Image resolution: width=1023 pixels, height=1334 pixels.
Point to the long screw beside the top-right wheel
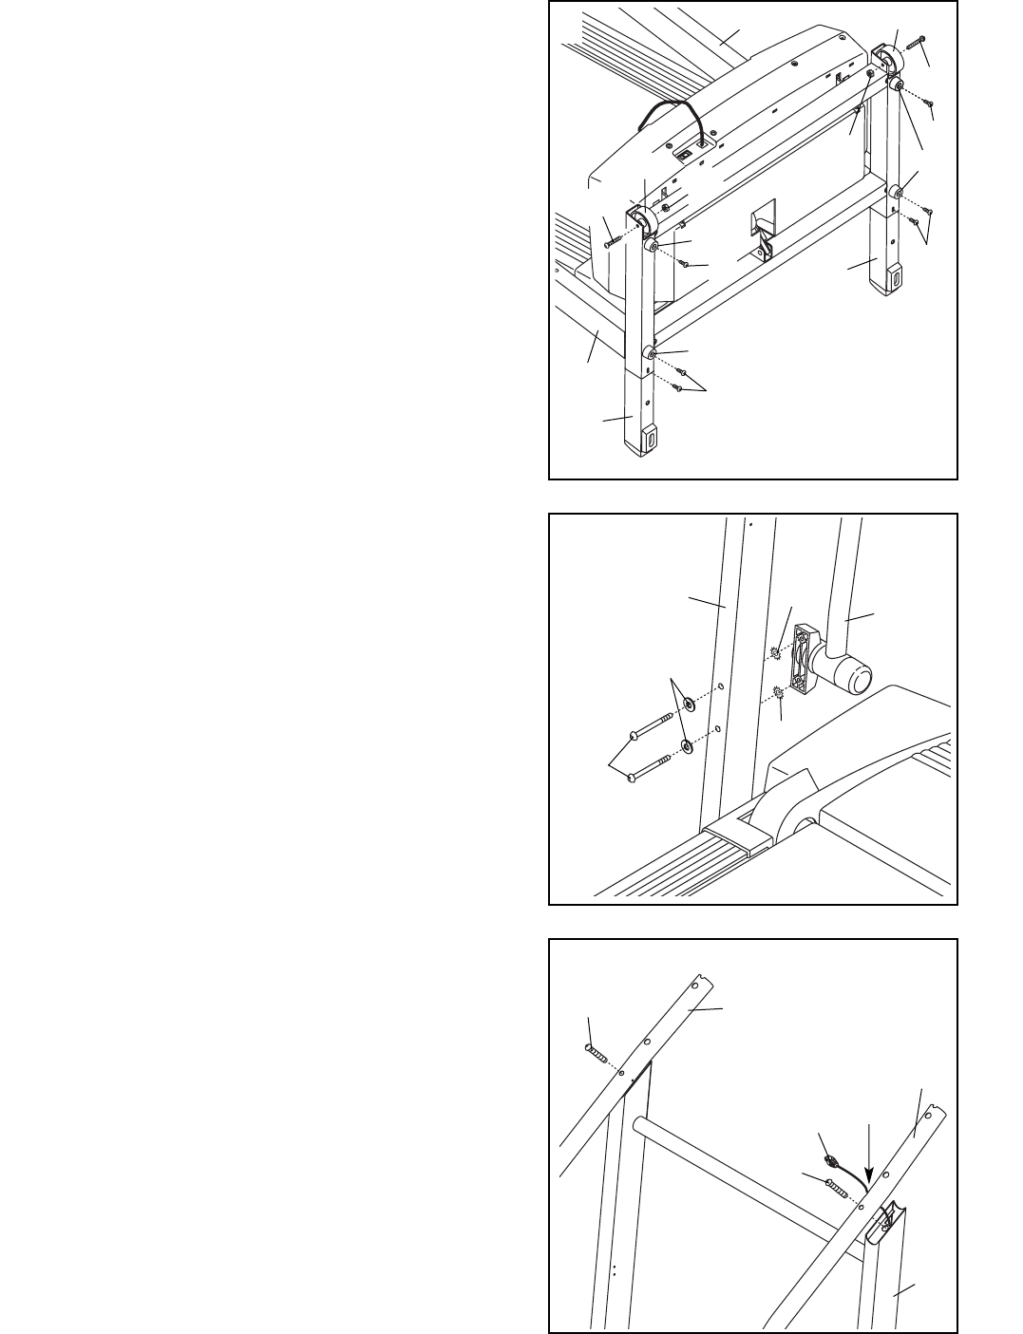pyautogui.click(x=916, y=43)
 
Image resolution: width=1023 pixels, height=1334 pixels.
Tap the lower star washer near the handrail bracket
pyautogui.click(x=778, y=694)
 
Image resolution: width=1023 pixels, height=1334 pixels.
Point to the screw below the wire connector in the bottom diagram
pyautogui.click(x=834, y=1184)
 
